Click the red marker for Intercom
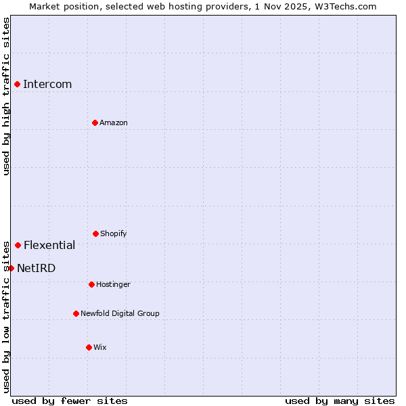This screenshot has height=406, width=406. [17, 84]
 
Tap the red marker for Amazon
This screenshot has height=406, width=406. [95, 122]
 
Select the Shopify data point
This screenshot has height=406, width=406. [95, 233]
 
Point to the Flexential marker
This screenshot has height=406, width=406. [18, 245]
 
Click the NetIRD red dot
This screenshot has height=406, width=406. [11, 268]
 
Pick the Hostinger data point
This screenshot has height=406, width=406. [91, 284]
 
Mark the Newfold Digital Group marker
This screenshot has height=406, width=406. [76, 313]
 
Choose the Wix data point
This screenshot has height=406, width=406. [89, 347]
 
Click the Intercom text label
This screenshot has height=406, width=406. [47, 84]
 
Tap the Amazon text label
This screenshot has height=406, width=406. [114, 122]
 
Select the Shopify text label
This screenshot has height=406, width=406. [114, 233]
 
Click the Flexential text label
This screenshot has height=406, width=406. [49, 245]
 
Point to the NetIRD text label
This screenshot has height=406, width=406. [36, 268]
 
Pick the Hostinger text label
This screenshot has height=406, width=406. [113, 284]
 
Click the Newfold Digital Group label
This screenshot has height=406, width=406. [120, 313]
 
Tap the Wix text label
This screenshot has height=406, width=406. [100, 347]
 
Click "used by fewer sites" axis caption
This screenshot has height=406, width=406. [70, 401]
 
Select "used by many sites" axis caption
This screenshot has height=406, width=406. [340, 401]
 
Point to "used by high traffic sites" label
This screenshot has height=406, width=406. [6, 96]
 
